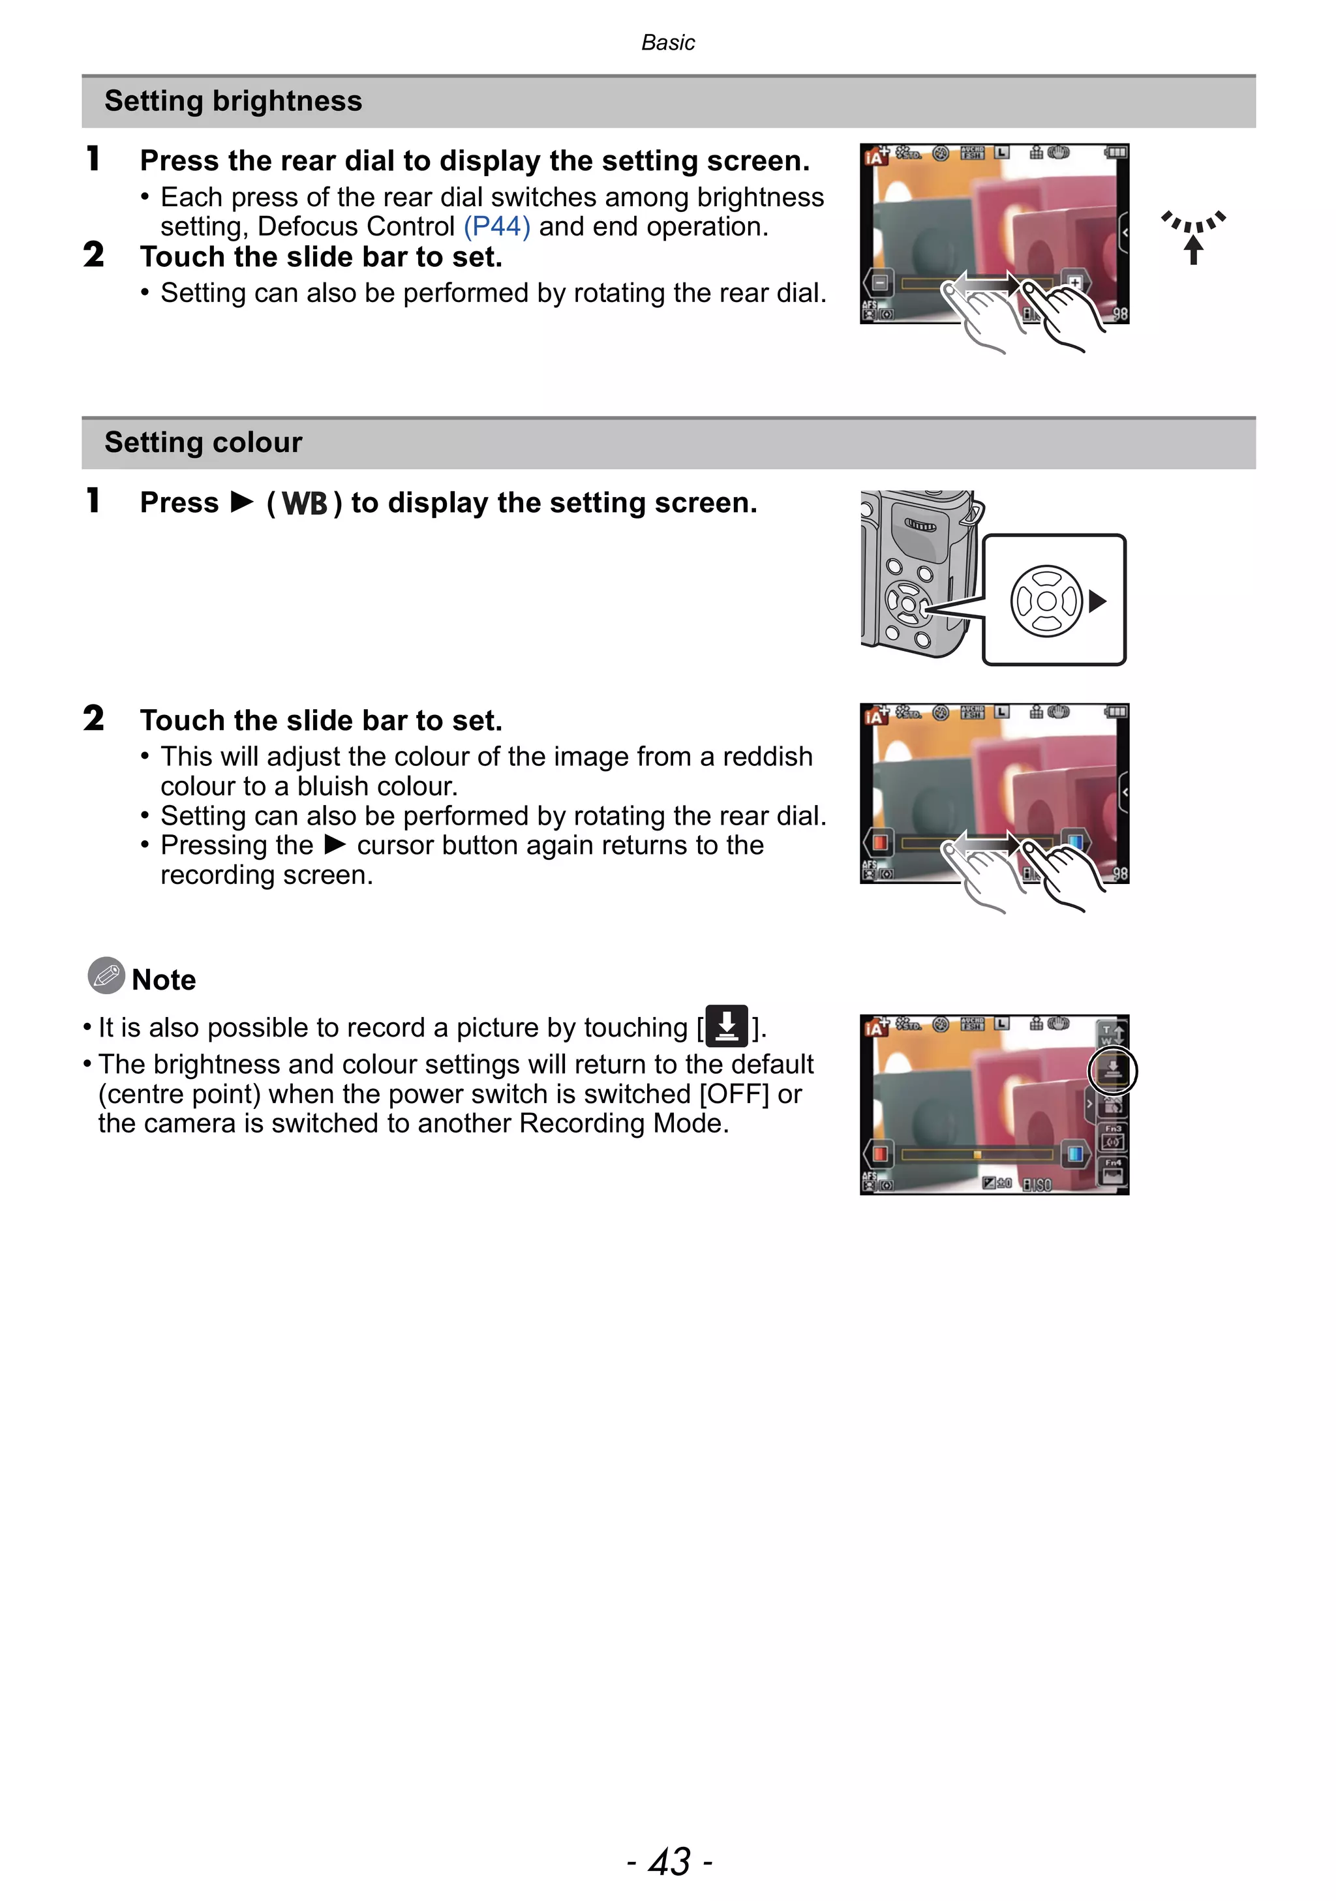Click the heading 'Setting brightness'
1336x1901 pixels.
[233, 101]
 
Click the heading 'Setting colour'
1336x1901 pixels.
[203, 442]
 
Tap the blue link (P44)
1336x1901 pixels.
[496, 226]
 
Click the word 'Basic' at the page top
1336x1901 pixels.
[667, 42]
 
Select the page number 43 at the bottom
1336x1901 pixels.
[669, 1861]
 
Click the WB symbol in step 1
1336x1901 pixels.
[305, 504]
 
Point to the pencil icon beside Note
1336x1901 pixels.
[106, 975]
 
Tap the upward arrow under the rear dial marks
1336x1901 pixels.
[1192, 249]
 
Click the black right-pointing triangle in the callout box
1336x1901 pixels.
[1098, 601]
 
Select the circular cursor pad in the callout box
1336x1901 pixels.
[1046, 601]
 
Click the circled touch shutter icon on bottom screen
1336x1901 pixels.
[1112, 1071]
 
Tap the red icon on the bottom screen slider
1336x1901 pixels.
[879, 1153]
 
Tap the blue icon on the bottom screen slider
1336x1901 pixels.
[1074, 1153]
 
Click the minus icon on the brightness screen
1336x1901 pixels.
[879, 283]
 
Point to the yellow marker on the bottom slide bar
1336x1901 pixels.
[977, 1154]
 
